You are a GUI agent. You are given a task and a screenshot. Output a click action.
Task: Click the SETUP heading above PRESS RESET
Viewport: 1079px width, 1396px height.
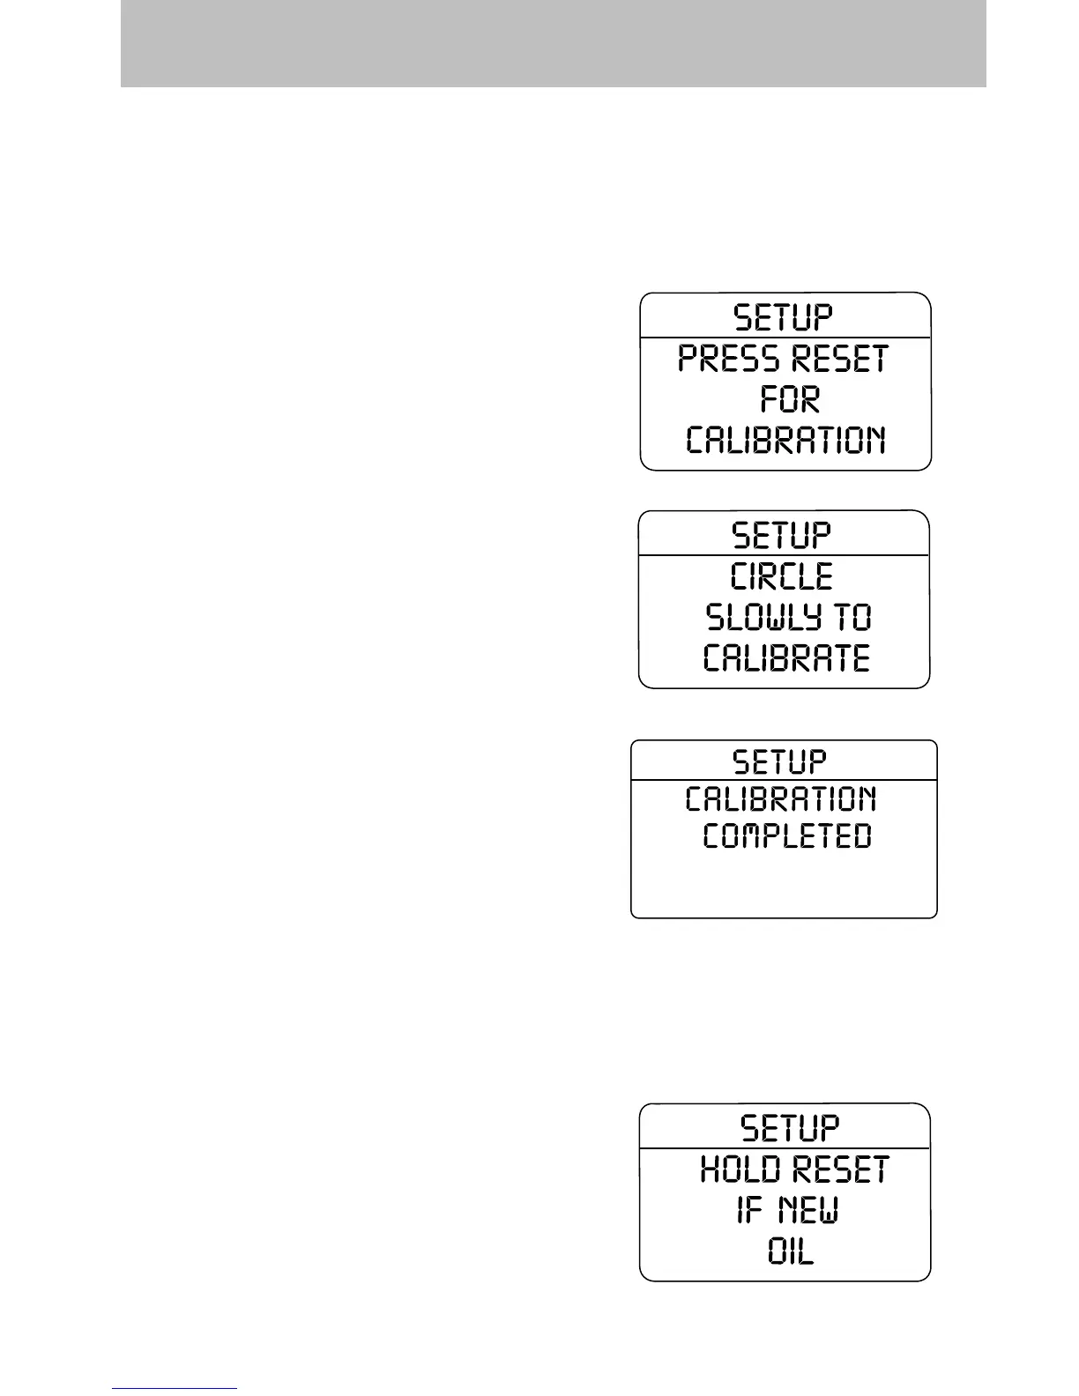784,316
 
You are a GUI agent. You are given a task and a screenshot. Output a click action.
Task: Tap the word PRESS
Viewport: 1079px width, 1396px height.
728,359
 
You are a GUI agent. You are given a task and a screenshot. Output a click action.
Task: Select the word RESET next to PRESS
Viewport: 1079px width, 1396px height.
838,359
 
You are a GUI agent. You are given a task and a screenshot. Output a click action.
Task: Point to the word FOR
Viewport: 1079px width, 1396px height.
790,399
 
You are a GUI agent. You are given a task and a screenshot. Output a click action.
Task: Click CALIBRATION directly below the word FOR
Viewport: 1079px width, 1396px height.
785,440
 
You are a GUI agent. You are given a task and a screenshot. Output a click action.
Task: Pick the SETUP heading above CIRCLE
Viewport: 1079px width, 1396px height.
782,535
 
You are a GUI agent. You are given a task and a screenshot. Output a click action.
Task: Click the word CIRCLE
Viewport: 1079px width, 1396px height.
782,576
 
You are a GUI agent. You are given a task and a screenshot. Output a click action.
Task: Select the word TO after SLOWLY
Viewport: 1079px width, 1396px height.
852,617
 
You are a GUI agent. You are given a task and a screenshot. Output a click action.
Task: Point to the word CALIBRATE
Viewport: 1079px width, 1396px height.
786,657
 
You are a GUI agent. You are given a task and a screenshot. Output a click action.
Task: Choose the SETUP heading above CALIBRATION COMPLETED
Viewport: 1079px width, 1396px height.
780,761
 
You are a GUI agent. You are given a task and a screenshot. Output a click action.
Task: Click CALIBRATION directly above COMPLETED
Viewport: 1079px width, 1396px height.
781,799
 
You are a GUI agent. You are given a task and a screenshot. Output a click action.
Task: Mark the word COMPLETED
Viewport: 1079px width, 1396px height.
787,836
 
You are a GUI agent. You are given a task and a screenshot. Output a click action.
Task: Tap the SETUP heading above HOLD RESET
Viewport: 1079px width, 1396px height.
790,1127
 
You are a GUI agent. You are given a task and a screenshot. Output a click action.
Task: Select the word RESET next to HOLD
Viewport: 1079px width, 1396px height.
840,1170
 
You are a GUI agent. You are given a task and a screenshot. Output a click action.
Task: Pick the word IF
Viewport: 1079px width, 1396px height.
749,1210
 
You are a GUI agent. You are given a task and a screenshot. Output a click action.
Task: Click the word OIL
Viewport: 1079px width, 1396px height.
791,1251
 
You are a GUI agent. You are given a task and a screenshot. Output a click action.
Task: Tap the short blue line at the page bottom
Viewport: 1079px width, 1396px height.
175,1389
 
